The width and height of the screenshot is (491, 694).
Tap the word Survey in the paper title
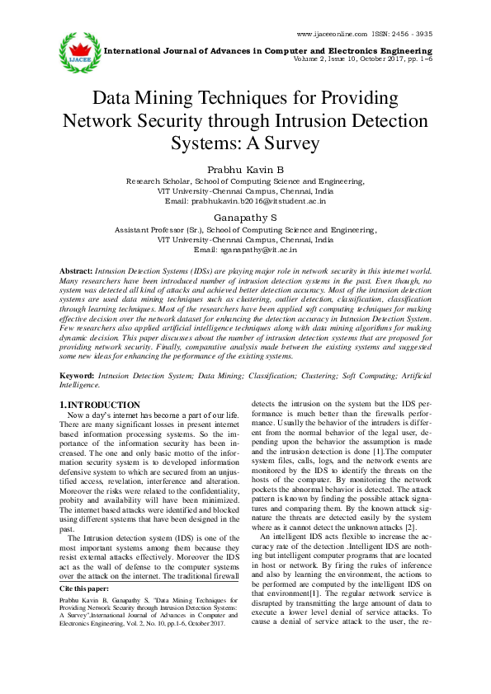289,142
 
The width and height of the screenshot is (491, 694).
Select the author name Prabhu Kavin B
245,168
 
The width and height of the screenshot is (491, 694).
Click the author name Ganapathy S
245,218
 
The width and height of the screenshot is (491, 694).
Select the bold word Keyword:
78,375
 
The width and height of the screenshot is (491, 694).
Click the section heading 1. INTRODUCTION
101,405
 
